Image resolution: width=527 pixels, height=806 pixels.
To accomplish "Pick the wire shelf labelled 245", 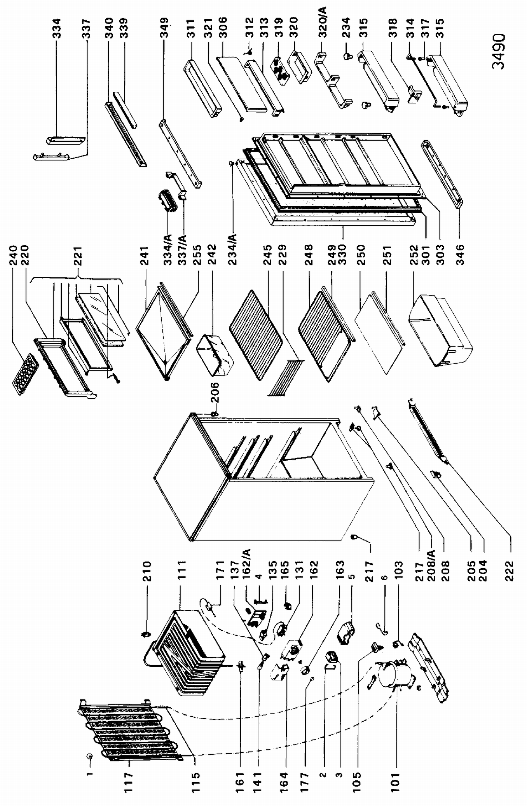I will click(256, 334).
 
